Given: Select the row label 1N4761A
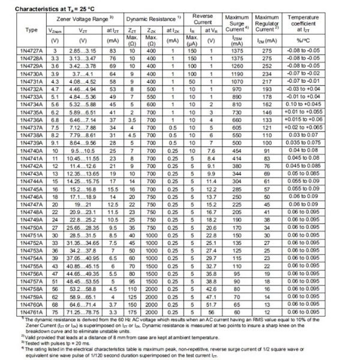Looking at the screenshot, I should (28, 311).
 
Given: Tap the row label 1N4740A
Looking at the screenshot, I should (28, 152).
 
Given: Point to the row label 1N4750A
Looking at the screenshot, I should (28, 227).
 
